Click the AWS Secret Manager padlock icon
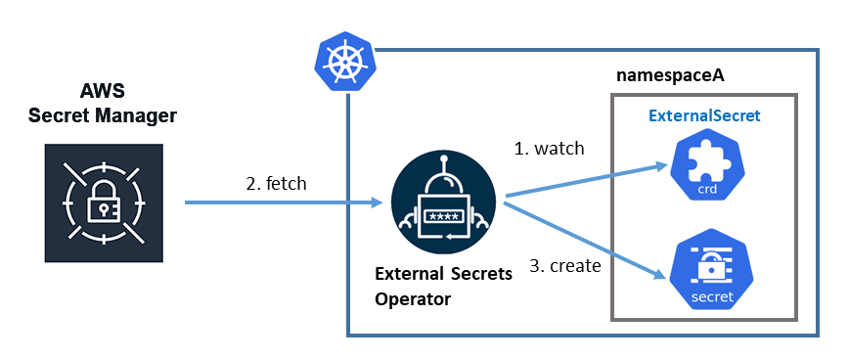tap(102, 203)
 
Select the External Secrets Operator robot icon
tap(445, 205)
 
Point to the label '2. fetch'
tap(277, 184)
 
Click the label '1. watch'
tap(549, 149)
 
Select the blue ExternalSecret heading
tap(704, 115)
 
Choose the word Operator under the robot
tap(413, 299)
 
